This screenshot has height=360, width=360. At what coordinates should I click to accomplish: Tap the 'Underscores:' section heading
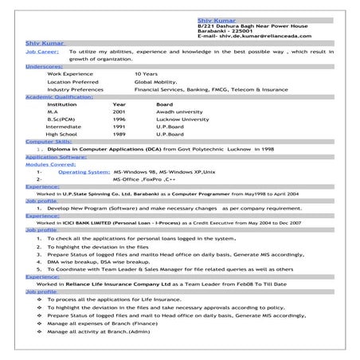coord(44,66)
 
